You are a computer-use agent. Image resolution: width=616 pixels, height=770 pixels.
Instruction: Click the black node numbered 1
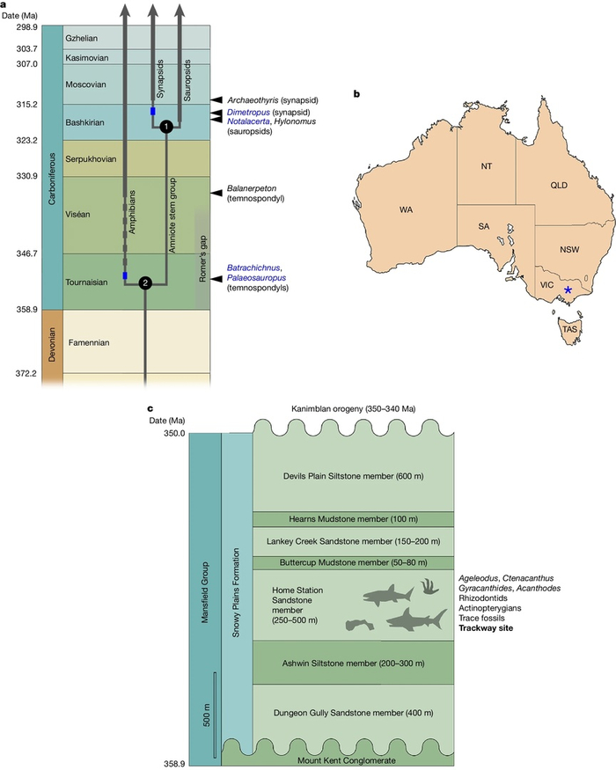click(x=165, y=128)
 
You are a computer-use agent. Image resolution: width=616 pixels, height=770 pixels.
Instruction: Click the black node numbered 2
click(x=145, y=282)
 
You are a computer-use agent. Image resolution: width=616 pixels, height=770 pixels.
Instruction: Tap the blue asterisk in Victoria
click(x=568, y=290)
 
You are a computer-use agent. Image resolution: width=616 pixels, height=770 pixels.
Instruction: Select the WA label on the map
click(x=406, y=211)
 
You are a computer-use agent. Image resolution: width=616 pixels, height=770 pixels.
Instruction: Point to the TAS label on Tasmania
click(x=570, y=328)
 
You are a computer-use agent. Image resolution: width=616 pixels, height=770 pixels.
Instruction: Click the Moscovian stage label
click(x=86, y=84)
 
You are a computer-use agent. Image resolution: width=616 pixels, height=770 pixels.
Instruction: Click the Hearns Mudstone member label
click(x=353, y=519)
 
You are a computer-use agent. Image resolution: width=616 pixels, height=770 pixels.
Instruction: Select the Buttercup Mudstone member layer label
click(x=353, y=562)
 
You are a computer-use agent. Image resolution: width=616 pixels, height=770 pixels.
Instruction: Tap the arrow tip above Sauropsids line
click(x=180, y=9)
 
